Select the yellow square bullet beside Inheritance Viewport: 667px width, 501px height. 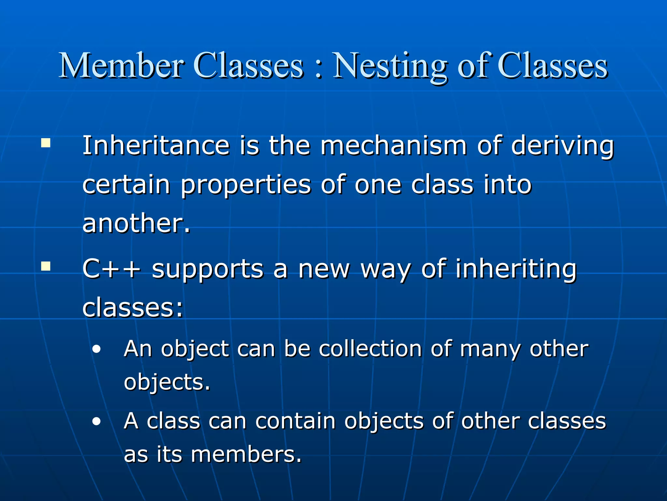click(x=46, y=143)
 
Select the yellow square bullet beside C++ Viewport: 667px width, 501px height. click(x=46, y=266)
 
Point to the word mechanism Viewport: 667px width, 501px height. click(x=393, y=145)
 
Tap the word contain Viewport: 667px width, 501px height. click(x=295, y=421)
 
